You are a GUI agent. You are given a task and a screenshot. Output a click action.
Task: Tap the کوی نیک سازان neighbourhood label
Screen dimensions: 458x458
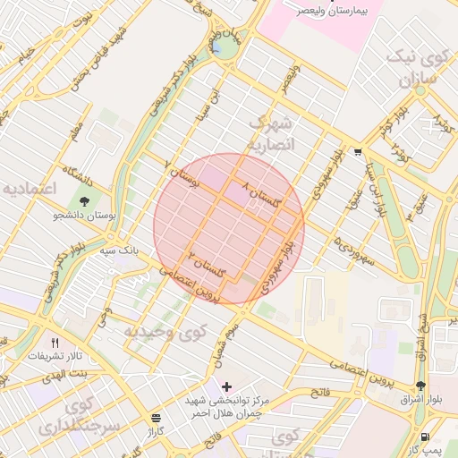[416, 69]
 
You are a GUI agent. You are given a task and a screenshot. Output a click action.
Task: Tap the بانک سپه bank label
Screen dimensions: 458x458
[119, 252]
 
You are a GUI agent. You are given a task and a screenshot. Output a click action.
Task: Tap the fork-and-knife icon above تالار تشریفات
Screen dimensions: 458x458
[55, 342]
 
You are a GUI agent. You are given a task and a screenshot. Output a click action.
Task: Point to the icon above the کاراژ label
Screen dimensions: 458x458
[157, 417]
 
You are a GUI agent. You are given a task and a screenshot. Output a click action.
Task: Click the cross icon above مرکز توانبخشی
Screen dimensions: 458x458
[226, 386]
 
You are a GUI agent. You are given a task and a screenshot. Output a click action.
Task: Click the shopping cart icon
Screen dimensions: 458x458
[358, 152]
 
